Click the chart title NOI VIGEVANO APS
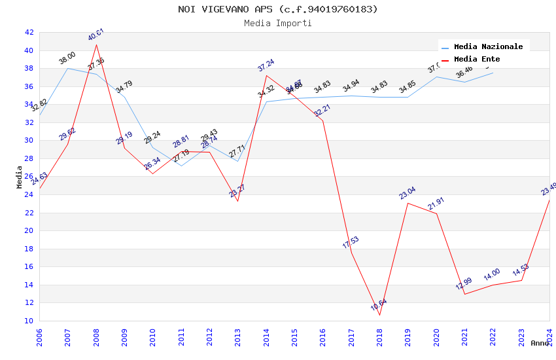[x=278, y=9]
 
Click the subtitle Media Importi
[x=278, y=23]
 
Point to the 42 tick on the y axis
[x=29, y=32]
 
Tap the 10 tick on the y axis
[x=29, y=321]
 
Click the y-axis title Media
[x=19, y=177]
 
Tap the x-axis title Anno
[x=540, y=343]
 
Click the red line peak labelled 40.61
[x=96, y=45]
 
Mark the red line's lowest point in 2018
[x=379, y=315]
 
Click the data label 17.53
[x=351, y=243]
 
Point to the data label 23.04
[x=408, y=194]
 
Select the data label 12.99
[x=464, y=284]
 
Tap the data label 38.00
[x=67, y=58]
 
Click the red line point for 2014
[x=266, y=75]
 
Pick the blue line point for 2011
[x=181, y=166]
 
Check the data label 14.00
[x=492, y=275]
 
